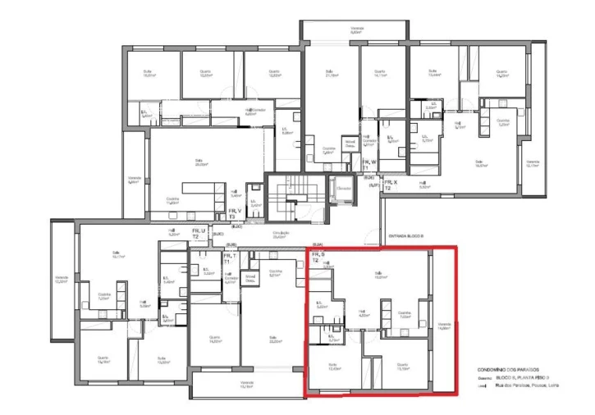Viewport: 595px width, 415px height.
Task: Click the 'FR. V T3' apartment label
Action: (x=234, y=213)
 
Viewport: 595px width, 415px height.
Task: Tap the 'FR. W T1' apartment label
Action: (x=370, y=165)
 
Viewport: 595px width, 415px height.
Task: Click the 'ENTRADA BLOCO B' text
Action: (x=405, y=235)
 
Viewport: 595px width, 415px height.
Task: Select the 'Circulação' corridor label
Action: (x=281, y=235)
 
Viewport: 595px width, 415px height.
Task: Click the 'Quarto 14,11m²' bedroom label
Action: (x=380, y=74)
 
